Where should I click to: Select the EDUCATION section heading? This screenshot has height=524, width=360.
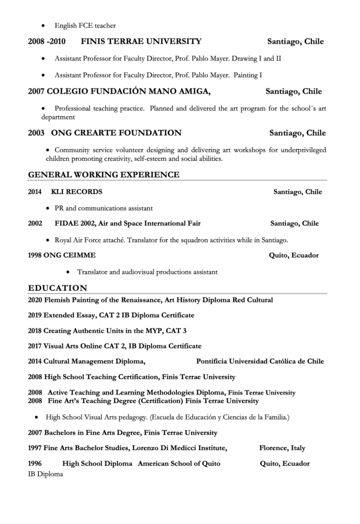point(57,288)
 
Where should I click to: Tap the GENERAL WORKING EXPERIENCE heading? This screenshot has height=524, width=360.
point(104,175)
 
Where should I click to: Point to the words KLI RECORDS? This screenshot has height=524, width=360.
point(77,192)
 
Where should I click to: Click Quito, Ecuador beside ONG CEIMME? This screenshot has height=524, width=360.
point(294,255)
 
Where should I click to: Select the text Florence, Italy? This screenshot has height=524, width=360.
point(282,448)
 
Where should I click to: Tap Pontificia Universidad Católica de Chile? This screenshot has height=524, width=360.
point(260,361)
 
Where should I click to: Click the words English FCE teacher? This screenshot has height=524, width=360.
point(85,26)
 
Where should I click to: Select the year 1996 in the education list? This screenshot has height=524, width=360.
point(35,464)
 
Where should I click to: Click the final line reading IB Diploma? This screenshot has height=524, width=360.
point(46,474)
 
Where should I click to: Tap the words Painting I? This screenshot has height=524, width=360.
point(248,75)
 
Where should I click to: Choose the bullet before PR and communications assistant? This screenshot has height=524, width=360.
point(47,209)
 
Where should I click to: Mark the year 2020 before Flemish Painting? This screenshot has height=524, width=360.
point(35,300)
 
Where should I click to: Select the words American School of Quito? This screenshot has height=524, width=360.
point(179,464)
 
